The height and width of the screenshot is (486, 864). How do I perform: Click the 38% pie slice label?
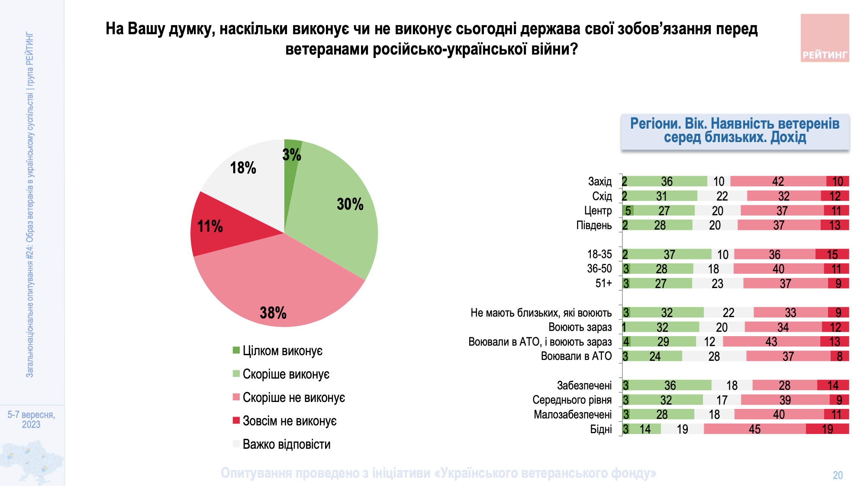[273, 312]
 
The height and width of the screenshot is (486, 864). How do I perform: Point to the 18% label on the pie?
[243, 168]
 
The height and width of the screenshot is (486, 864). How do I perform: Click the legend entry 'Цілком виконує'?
[282, 350]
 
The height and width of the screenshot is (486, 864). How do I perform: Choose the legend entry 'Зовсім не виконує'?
[289, 421]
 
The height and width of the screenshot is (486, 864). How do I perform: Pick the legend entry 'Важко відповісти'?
[286, 444]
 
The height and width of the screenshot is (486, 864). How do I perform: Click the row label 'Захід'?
[600, 181]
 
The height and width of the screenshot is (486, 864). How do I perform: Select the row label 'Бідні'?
[601, 429]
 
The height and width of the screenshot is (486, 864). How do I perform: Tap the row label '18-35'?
[599, 254]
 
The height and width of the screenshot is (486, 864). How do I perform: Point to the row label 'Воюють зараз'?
[580, 327]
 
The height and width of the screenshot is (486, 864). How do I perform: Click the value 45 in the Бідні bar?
[754, 429]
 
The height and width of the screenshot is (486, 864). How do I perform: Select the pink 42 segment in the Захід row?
[778, 181]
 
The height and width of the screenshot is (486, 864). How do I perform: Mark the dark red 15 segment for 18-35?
[832, 254]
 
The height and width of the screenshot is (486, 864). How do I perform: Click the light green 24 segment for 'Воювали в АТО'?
[655, 356]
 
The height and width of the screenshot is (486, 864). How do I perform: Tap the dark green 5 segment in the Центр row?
[628, 211]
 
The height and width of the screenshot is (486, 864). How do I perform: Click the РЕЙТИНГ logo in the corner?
[825, 38]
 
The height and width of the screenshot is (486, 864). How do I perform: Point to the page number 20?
[838, 475]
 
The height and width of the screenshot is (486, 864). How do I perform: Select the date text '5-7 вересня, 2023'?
[31, 419]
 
